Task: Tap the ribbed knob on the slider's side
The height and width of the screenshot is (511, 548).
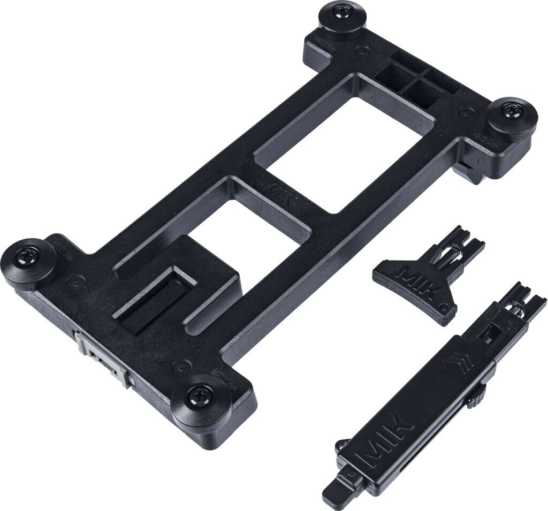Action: pos(476,397)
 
